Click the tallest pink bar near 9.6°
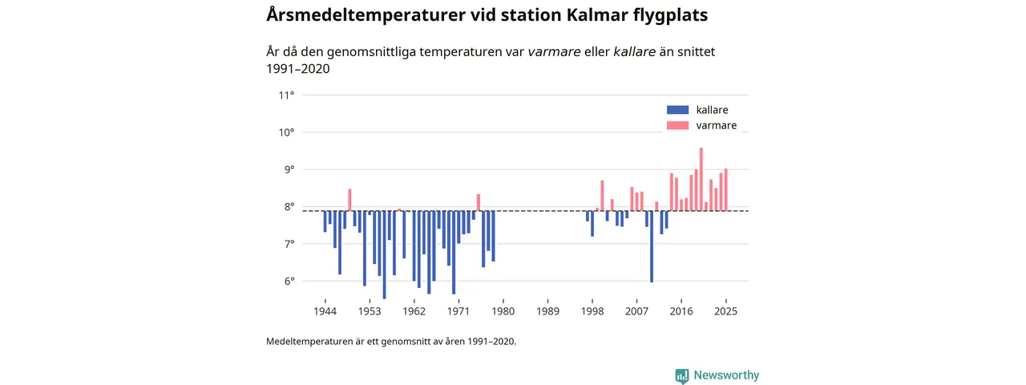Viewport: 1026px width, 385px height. click(701, 179)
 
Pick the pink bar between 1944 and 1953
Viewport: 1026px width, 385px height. click(349, 200)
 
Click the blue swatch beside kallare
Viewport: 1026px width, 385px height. click(677, 110)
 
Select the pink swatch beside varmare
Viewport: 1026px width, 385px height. click(677, 126)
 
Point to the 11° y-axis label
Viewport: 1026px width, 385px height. click(286, 95)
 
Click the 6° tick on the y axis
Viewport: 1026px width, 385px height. click(286, 281)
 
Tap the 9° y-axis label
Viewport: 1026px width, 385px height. click(286, 169)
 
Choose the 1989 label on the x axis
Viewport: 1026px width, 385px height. click(547, 311)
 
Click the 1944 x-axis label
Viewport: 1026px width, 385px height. click(325, 311)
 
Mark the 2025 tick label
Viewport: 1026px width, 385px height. click(725, 311)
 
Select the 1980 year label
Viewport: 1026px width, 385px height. click(503, 311)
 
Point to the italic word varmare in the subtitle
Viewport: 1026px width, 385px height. click(554, 52)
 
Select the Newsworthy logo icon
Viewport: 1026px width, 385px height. click(682, 375)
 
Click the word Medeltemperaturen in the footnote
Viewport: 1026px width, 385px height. click(311, 341)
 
